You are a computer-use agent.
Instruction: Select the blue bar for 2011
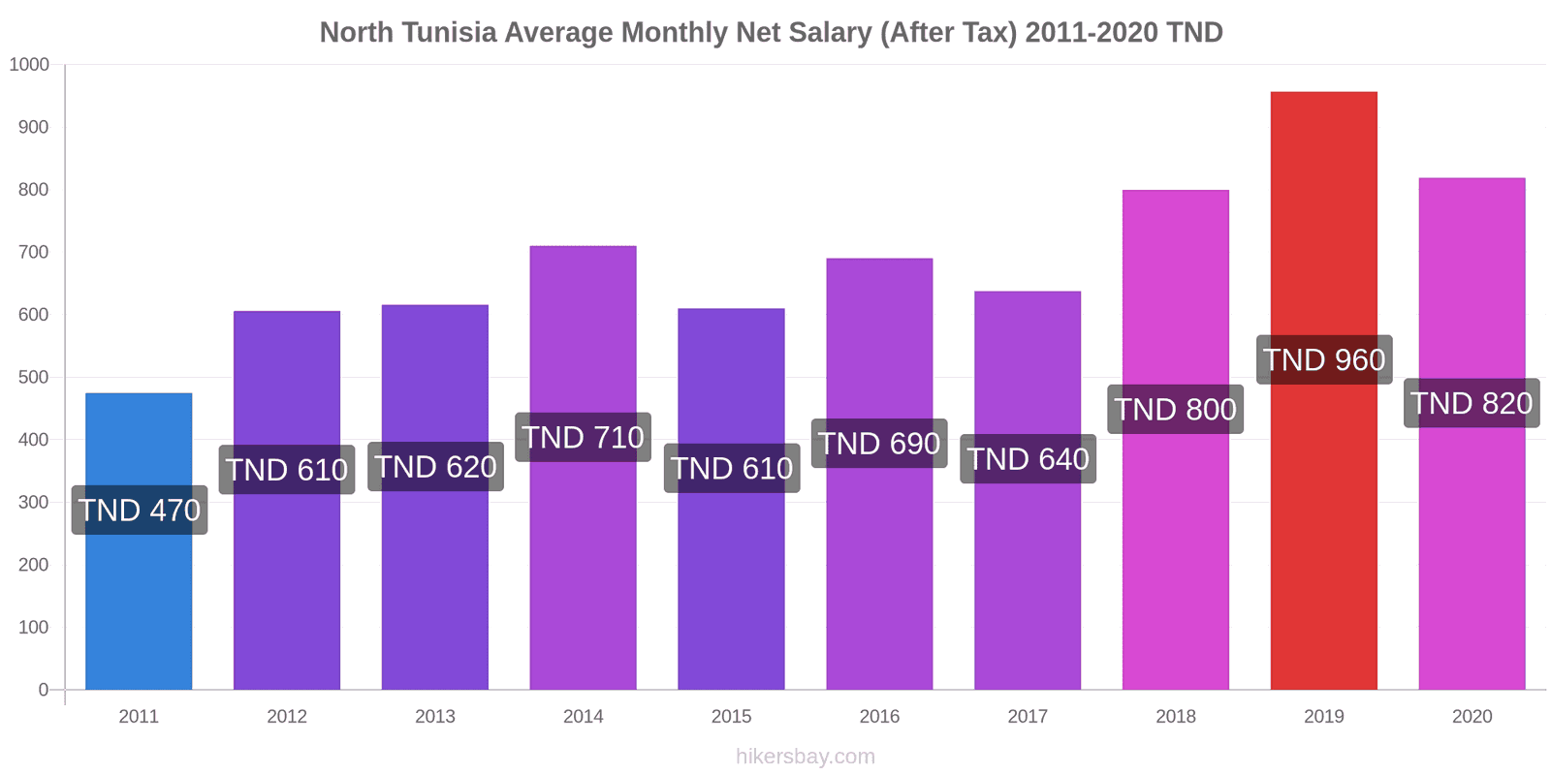(x=139, y=601)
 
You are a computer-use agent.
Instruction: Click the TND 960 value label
(x=1324, y=360)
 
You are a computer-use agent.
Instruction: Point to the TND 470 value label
(x=140, y=510)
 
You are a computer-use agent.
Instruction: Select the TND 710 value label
(x=583, y=438)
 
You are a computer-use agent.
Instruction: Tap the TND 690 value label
(x=879, y=444)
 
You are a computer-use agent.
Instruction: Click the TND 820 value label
(x=1472, y=403)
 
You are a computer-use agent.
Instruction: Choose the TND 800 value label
(x=1175, y=410)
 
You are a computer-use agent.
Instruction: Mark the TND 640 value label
(x=1028, y=459)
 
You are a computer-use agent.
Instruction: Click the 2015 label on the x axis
(x=731, y=717)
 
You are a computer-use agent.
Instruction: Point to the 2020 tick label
(x=1472, y=717)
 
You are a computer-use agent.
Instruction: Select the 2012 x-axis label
(x=287, y=717)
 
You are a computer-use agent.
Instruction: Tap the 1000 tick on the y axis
(x=29, y=65)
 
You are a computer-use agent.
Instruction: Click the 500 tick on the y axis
(x=33, y=378)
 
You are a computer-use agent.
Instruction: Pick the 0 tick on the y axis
(x=43, y=690)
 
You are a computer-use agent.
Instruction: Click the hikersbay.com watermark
(x=805, y=757)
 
